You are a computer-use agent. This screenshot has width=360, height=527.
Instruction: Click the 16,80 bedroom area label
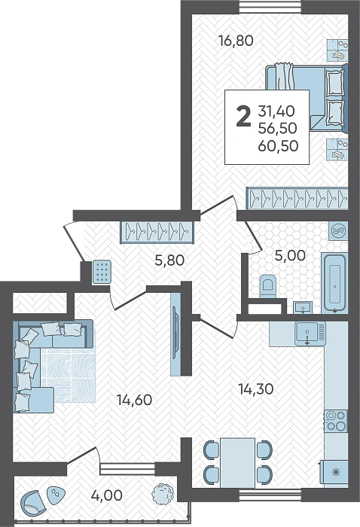(x=236, y=41)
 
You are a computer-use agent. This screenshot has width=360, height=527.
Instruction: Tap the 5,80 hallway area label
(x=169, y=260)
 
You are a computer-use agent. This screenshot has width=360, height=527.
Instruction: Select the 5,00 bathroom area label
(x=290, y=255)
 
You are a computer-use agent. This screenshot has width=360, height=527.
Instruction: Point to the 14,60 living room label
(x=134, y=400)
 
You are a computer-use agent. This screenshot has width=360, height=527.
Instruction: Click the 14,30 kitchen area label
(x=256, y=389)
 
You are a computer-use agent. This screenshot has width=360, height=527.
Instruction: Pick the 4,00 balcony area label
(x=107, y=495)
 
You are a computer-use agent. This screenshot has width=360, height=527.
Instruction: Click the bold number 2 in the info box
(x=244, y=116)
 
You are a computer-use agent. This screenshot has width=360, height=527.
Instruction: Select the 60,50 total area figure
(x=279, y=146)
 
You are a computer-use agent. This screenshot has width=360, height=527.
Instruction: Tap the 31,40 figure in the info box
(x=276, y=111)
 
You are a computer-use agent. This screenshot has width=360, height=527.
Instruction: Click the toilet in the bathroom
(x=268, y=286)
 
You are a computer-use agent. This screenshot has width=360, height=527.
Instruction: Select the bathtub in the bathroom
(x=334, y=283)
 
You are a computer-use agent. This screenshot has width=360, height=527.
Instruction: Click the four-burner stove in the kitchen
(x=336, y=421)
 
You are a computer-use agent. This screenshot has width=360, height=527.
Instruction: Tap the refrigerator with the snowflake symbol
(x=335, y=474)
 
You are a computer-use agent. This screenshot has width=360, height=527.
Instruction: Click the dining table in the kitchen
(x=237, y=462)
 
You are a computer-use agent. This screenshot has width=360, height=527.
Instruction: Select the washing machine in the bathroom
(x=338, y=231)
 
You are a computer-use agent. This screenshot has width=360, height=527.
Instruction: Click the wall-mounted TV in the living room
(x=175, y=334)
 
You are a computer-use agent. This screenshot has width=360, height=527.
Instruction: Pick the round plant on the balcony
(x=163, y=493)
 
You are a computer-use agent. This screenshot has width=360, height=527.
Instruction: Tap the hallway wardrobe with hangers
(x=157, y=232)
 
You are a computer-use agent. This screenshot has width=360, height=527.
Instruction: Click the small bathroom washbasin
(x=303, y=307)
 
